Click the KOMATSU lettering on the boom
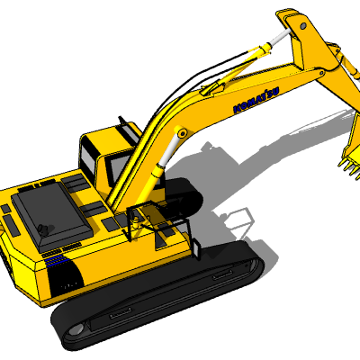256,100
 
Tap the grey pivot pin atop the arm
303,26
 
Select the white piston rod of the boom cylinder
168,150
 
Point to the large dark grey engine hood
51,215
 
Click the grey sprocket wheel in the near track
75,329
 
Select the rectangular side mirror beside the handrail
196,247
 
